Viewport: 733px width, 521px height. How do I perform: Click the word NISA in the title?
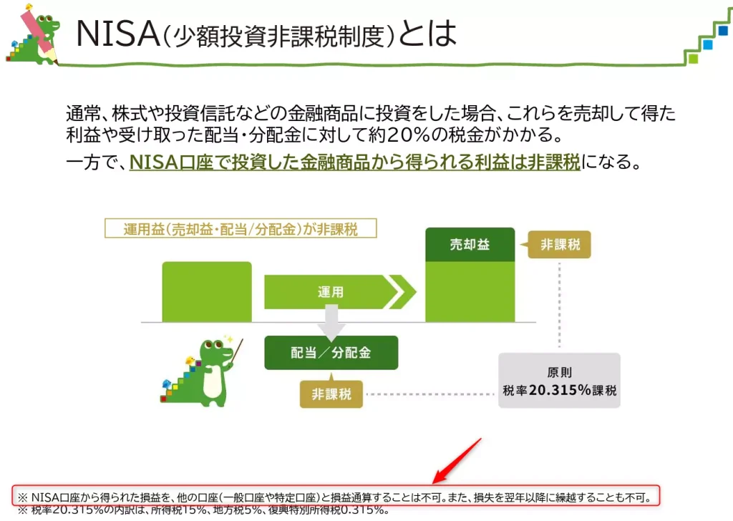(117, 34)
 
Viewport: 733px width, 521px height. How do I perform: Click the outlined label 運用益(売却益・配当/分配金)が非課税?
(241, 228)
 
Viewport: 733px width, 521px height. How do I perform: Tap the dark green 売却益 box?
(470, 245)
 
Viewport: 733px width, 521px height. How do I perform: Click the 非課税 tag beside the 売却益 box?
(560, 245)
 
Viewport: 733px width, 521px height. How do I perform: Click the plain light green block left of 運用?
(207, 292)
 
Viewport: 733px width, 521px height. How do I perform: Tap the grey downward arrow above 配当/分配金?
(331, 321)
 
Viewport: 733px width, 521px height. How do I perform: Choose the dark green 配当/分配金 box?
(331, 353)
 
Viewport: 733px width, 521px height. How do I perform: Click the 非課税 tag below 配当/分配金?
(331, 394)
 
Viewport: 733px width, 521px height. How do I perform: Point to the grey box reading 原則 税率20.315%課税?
(559, 381)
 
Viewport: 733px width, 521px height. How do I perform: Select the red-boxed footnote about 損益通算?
(335, 496)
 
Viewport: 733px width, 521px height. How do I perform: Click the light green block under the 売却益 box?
(470, 291)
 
